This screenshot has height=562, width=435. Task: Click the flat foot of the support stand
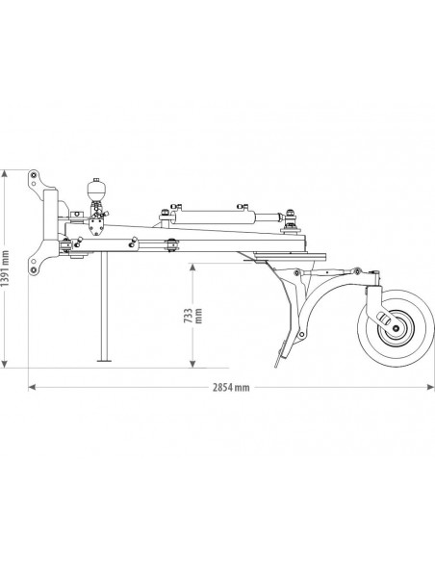click(x=101, y=363)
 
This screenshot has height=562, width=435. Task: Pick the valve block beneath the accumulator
click(x=95, y=220)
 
